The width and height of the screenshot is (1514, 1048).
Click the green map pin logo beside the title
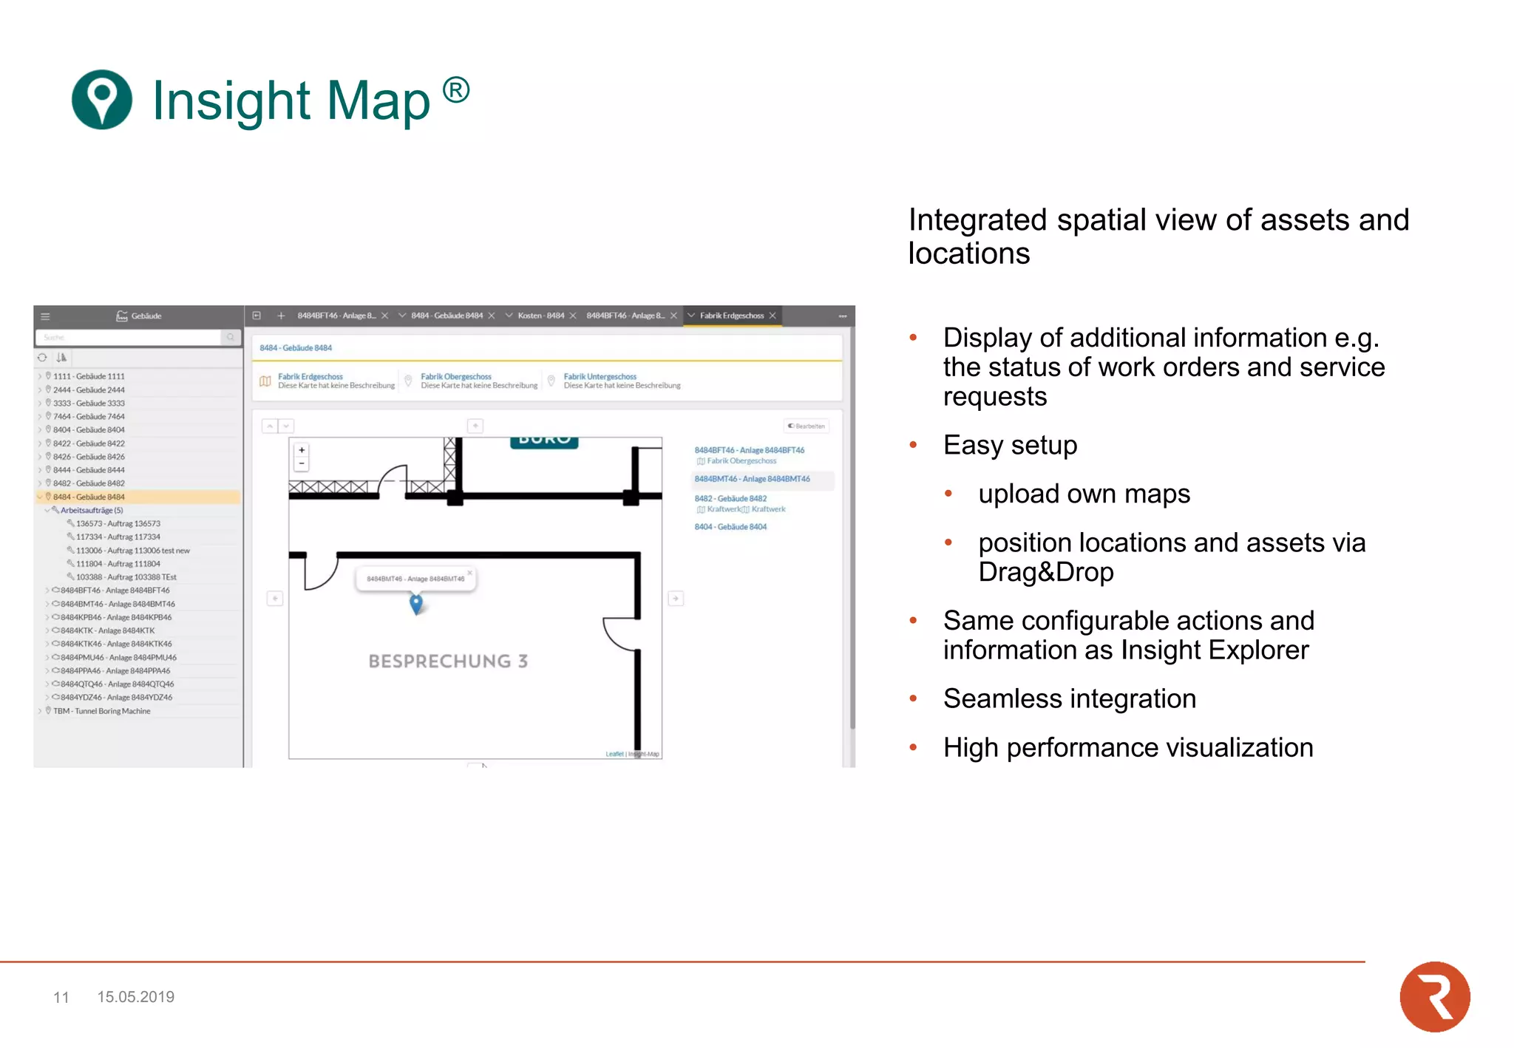click(101, 100)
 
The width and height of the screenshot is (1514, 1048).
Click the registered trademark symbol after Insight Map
click(456, 91)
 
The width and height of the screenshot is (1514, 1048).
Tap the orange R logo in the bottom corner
click(1434, 996)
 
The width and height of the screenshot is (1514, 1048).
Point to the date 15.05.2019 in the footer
click(135, 997)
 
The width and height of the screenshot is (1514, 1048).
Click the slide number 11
click(61, 998)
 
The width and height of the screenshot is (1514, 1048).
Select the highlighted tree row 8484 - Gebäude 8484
click(89, 497)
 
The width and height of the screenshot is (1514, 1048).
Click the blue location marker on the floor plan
click(416, 604)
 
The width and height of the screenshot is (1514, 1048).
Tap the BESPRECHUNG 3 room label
click(448, 661)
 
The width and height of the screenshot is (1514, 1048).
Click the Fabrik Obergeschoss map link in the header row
click(455, 377)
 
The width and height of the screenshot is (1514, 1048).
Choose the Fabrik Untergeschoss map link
click(600, 377)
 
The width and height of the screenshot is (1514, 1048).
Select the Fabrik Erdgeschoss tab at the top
click(731, 316)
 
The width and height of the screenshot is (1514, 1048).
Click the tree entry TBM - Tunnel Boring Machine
click(101, 711)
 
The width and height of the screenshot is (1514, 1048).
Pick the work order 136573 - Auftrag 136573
click(118, 523)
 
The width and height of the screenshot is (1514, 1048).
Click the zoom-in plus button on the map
click(302, 450)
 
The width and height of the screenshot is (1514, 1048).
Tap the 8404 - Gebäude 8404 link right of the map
click(730, 527)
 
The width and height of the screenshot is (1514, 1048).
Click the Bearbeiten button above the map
click(807, 426)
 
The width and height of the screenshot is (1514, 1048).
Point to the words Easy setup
click(1010, 446)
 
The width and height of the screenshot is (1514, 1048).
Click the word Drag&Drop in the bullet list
click(1045, 572)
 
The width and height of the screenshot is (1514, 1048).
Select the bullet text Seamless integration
click(1069, 698)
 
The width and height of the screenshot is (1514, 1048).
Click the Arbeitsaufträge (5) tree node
click(91, 510)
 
